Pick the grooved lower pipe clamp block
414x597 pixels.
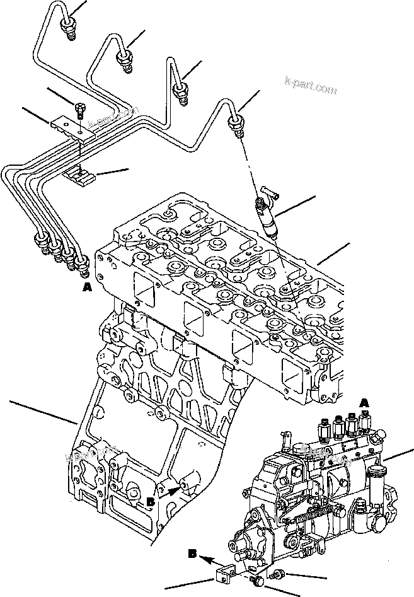tap(81, 176)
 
